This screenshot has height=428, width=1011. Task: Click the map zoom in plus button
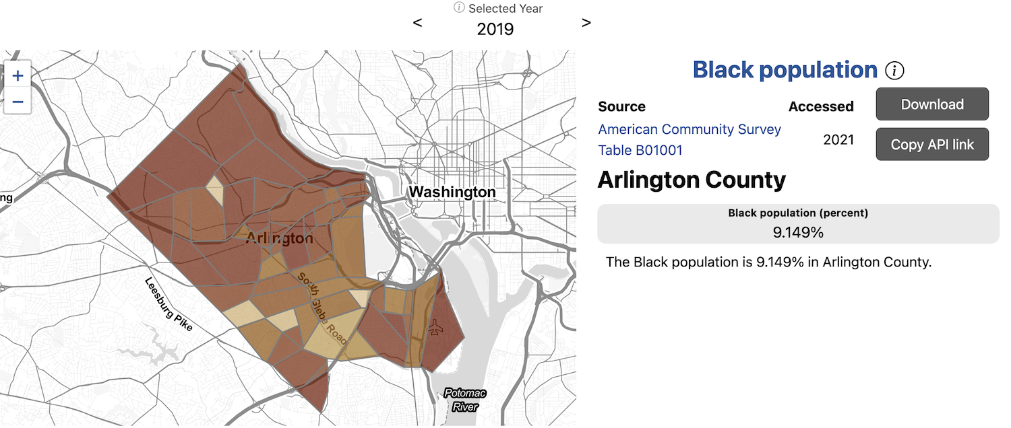[18, 75]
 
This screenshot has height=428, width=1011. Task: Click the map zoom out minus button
[18, 102]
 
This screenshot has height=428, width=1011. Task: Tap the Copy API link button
[932, 144]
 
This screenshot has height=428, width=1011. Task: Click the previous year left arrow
[418, 23]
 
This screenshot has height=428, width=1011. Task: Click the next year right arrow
[586, 23]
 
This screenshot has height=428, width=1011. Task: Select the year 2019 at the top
[495, 29]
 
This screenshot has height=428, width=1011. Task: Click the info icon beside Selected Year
[459, 8]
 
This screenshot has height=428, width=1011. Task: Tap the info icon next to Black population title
[894, 70]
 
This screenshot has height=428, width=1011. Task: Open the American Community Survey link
[690, 129]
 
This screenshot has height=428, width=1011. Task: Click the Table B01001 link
[640, 150]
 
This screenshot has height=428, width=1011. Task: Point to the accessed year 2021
[838, 140]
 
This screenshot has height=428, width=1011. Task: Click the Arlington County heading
[692, 180]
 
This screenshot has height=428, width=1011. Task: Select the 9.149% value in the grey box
[798, 233]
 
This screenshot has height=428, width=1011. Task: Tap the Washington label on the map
[452, 192]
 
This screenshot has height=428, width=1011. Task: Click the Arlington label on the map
[279, 238]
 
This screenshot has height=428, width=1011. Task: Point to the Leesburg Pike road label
[169, 304]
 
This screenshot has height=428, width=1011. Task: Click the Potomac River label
[465, 400]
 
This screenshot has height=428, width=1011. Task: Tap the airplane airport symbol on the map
[435, 328]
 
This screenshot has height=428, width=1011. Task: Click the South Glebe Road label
[323, 308]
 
